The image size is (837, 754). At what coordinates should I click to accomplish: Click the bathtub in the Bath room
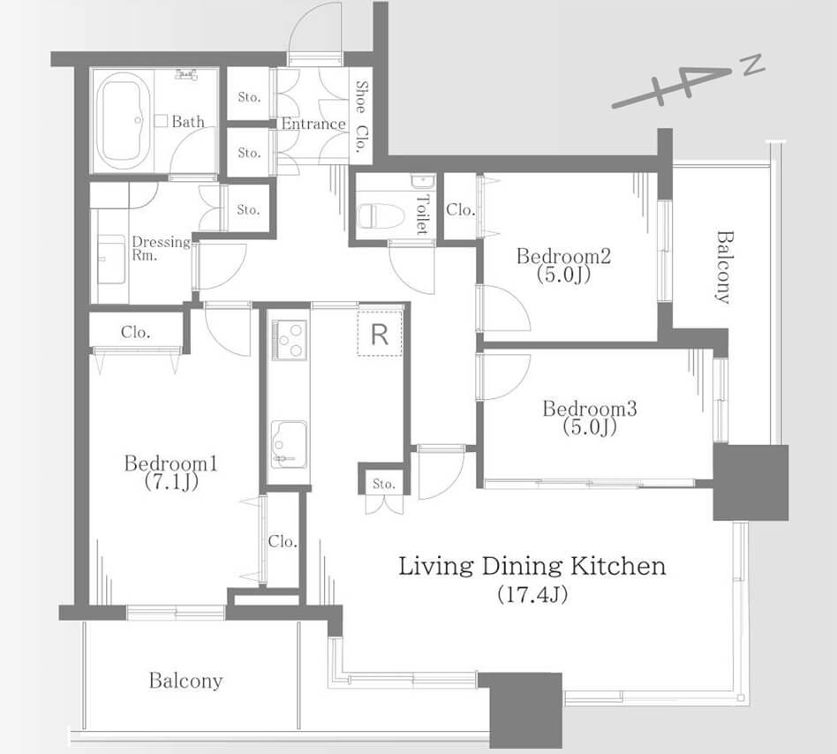click(x=124, y=118)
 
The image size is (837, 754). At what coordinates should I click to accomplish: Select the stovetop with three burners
click(x=290, y=340)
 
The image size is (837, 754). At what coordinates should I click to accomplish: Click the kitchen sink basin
click(x=289, y=444)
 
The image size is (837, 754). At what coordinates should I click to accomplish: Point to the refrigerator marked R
click(x=380, y=333)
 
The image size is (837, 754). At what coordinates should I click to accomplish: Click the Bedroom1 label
click(x=170, y=464)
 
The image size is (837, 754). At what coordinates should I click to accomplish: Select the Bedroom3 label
click(x=590, y=409)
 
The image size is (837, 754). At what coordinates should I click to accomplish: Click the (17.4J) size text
click(x=532, y=594)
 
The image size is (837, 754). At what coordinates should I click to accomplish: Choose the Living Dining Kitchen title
click(x=532, y=566)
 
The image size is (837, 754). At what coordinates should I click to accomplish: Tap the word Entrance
click(x=313, y=124)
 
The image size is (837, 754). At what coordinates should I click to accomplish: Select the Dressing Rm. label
click(x=161, y=248)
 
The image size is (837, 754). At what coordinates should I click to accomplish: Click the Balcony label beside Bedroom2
click(x=723, y=267)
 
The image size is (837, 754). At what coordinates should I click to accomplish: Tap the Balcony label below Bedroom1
click(x=185, y=681)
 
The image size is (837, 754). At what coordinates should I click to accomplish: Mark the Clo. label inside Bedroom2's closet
click(x=460, y=210)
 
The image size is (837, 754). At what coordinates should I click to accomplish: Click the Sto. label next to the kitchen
click(x=384, y=484)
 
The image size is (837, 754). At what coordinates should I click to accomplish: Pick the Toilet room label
click(x=422, y=215)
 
